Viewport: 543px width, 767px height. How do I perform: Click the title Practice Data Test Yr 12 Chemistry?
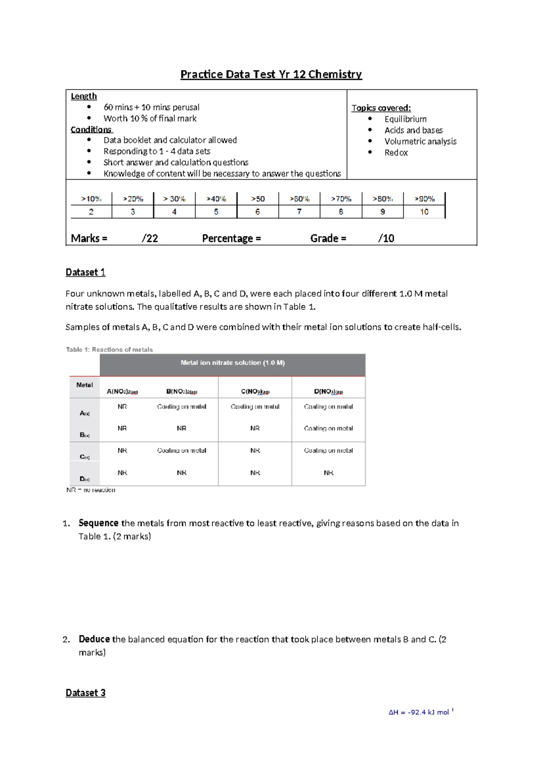click(x=271, y=74)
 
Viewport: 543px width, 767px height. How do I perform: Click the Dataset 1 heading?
click(x=86, y=272)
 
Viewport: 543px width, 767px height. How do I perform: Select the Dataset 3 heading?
click(x=86, y=693)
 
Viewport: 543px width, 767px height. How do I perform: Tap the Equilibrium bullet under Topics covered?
click(x=405, y=119)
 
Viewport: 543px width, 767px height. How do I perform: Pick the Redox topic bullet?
click(x=396, y=152)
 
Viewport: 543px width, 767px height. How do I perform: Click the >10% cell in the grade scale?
click(x=91, y=199)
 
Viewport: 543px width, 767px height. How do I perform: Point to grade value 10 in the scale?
click(x=424, y=212)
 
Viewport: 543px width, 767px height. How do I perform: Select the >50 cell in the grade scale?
click(x=257, y=199)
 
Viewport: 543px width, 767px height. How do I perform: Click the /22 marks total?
click(x=150, y=238)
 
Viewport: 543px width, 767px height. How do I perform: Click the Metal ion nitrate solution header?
click(x=233, y=363)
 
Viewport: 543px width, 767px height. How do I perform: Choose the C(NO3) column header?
click(x=255, y=392)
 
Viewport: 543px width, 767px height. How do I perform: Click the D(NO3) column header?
click(x=329, y=392)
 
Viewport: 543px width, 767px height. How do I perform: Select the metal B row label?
click(x=85, y=435)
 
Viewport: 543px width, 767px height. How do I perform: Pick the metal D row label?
click(x=85, y=479)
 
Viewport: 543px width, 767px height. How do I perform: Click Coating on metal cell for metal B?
click(x=329, y=428)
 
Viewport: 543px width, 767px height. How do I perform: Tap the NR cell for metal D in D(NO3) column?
click(x=329, y=473)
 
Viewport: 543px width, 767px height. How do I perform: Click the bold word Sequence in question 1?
click(x=98, y=523)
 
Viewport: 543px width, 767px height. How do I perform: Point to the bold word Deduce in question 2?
click(x=94, y=639)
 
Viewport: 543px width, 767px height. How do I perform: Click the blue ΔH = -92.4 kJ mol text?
click(x=420, y=712)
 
